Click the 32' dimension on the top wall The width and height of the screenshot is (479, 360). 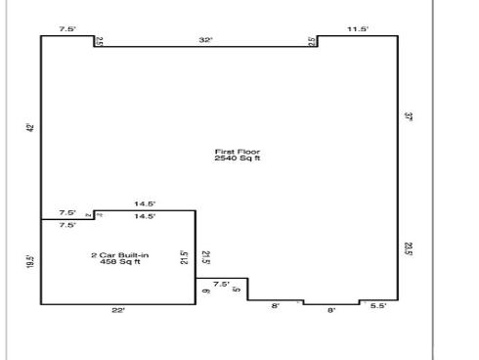[205, 40]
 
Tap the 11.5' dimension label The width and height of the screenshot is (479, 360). [358, 30]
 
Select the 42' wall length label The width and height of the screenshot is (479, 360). [31, 127]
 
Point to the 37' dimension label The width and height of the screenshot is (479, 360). [408, 117]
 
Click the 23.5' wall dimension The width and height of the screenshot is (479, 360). [408, 249]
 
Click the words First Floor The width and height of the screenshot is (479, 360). [238, 152]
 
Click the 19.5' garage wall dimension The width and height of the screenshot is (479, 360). [31, 262]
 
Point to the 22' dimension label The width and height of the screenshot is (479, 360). [118, 310]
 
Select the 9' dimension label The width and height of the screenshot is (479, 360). [205, 291]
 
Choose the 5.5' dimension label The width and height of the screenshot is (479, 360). [378, 307]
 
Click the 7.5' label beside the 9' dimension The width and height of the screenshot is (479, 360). [221, 284]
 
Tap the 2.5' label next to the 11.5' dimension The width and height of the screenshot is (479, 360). [312, 42]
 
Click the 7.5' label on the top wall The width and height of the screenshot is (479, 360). [66, 30]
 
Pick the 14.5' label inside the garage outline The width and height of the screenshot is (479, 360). [145, 215]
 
